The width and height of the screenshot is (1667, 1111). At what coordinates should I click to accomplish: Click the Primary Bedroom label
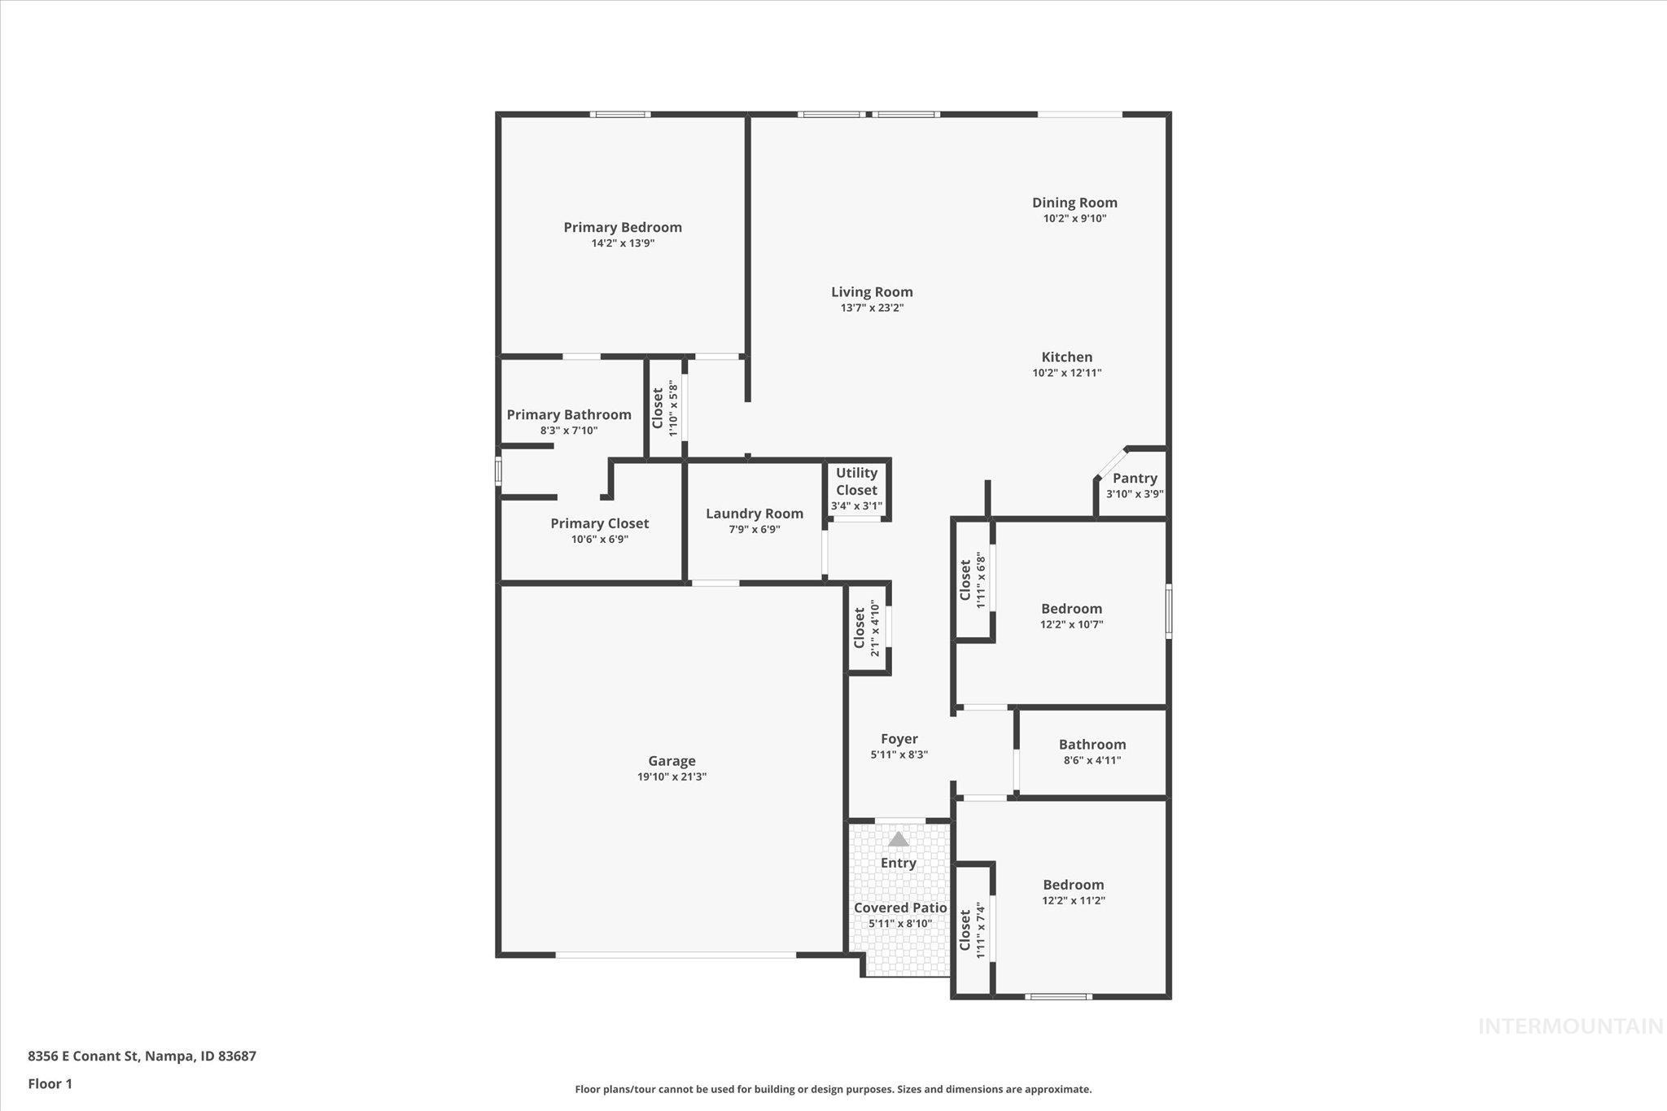point(623,227)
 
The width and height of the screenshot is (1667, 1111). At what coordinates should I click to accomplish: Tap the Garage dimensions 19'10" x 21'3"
point(672,776)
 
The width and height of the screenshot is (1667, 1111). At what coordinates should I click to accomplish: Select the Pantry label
point(1135,479)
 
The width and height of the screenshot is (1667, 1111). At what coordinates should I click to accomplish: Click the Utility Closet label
point(856,481)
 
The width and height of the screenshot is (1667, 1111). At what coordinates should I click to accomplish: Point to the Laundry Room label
point(754,514)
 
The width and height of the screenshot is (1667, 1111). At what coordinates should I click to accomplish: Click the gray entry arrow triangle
point(898,839)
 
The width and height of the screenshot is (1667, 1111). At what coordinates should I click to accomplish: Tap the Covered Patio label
point(900,908)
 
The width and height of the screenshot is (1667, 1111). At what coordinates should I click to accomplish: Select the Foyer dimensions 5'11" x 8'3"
point(899,755)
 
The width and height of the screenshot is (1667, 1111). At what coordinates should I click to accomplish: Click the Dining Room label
point(1074,203)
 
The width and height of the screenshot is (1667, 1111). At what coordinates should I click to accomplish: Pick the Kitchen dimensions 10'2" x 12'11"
point(1066,373)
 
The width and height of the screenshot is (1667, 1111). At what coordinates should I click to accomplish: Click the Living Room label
point(872,292)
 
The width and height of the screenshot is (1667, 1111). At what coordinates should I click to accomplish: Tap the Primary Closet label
point(599,523)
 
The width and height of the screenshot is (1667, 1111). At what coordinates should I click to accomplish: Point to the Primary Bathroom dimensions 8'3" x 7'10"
point(569,431)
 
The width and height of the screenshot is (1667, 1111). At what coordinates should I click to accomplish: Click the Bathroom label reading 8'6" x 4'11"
point(1092,745)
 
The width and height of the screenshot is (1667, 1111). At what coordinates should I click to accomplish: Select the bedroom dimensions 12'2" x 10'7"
point(1071,624)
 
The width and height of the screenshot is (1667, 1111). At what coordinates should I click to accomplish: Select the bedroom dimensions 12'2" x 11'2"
point(1073,900)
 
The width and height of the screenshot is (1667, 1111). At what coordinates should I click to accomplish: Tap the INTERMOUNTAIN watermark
point(1570,1026)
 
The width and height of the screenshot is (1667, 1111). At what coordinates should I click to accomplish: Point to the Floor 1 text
point(50,1083)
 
